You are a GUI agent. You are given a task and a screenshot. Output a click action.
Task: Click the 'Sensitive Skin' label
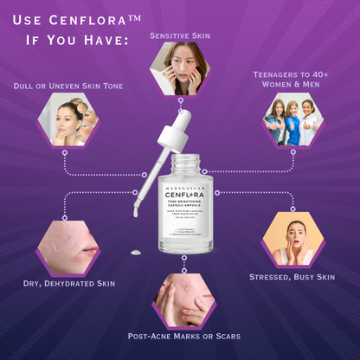179,35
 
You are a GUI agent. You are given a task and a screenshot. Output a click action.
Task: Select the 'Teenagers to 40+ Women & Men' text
293,80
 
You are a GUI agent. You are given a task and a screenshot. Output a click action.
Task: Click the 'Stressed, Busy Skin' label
293,277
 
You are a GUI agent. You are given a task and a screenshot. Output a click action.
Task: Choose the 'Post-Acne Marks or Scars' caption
183,336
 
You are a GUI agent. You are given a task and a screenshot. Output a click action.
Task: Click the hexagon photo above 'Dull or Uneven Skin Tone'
67,120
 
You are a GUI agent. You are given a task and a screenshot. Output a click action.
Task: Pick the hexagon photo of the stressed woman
292,238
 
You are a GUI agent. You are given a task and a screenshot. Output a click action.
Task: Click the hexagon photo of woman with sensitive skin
180,69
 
